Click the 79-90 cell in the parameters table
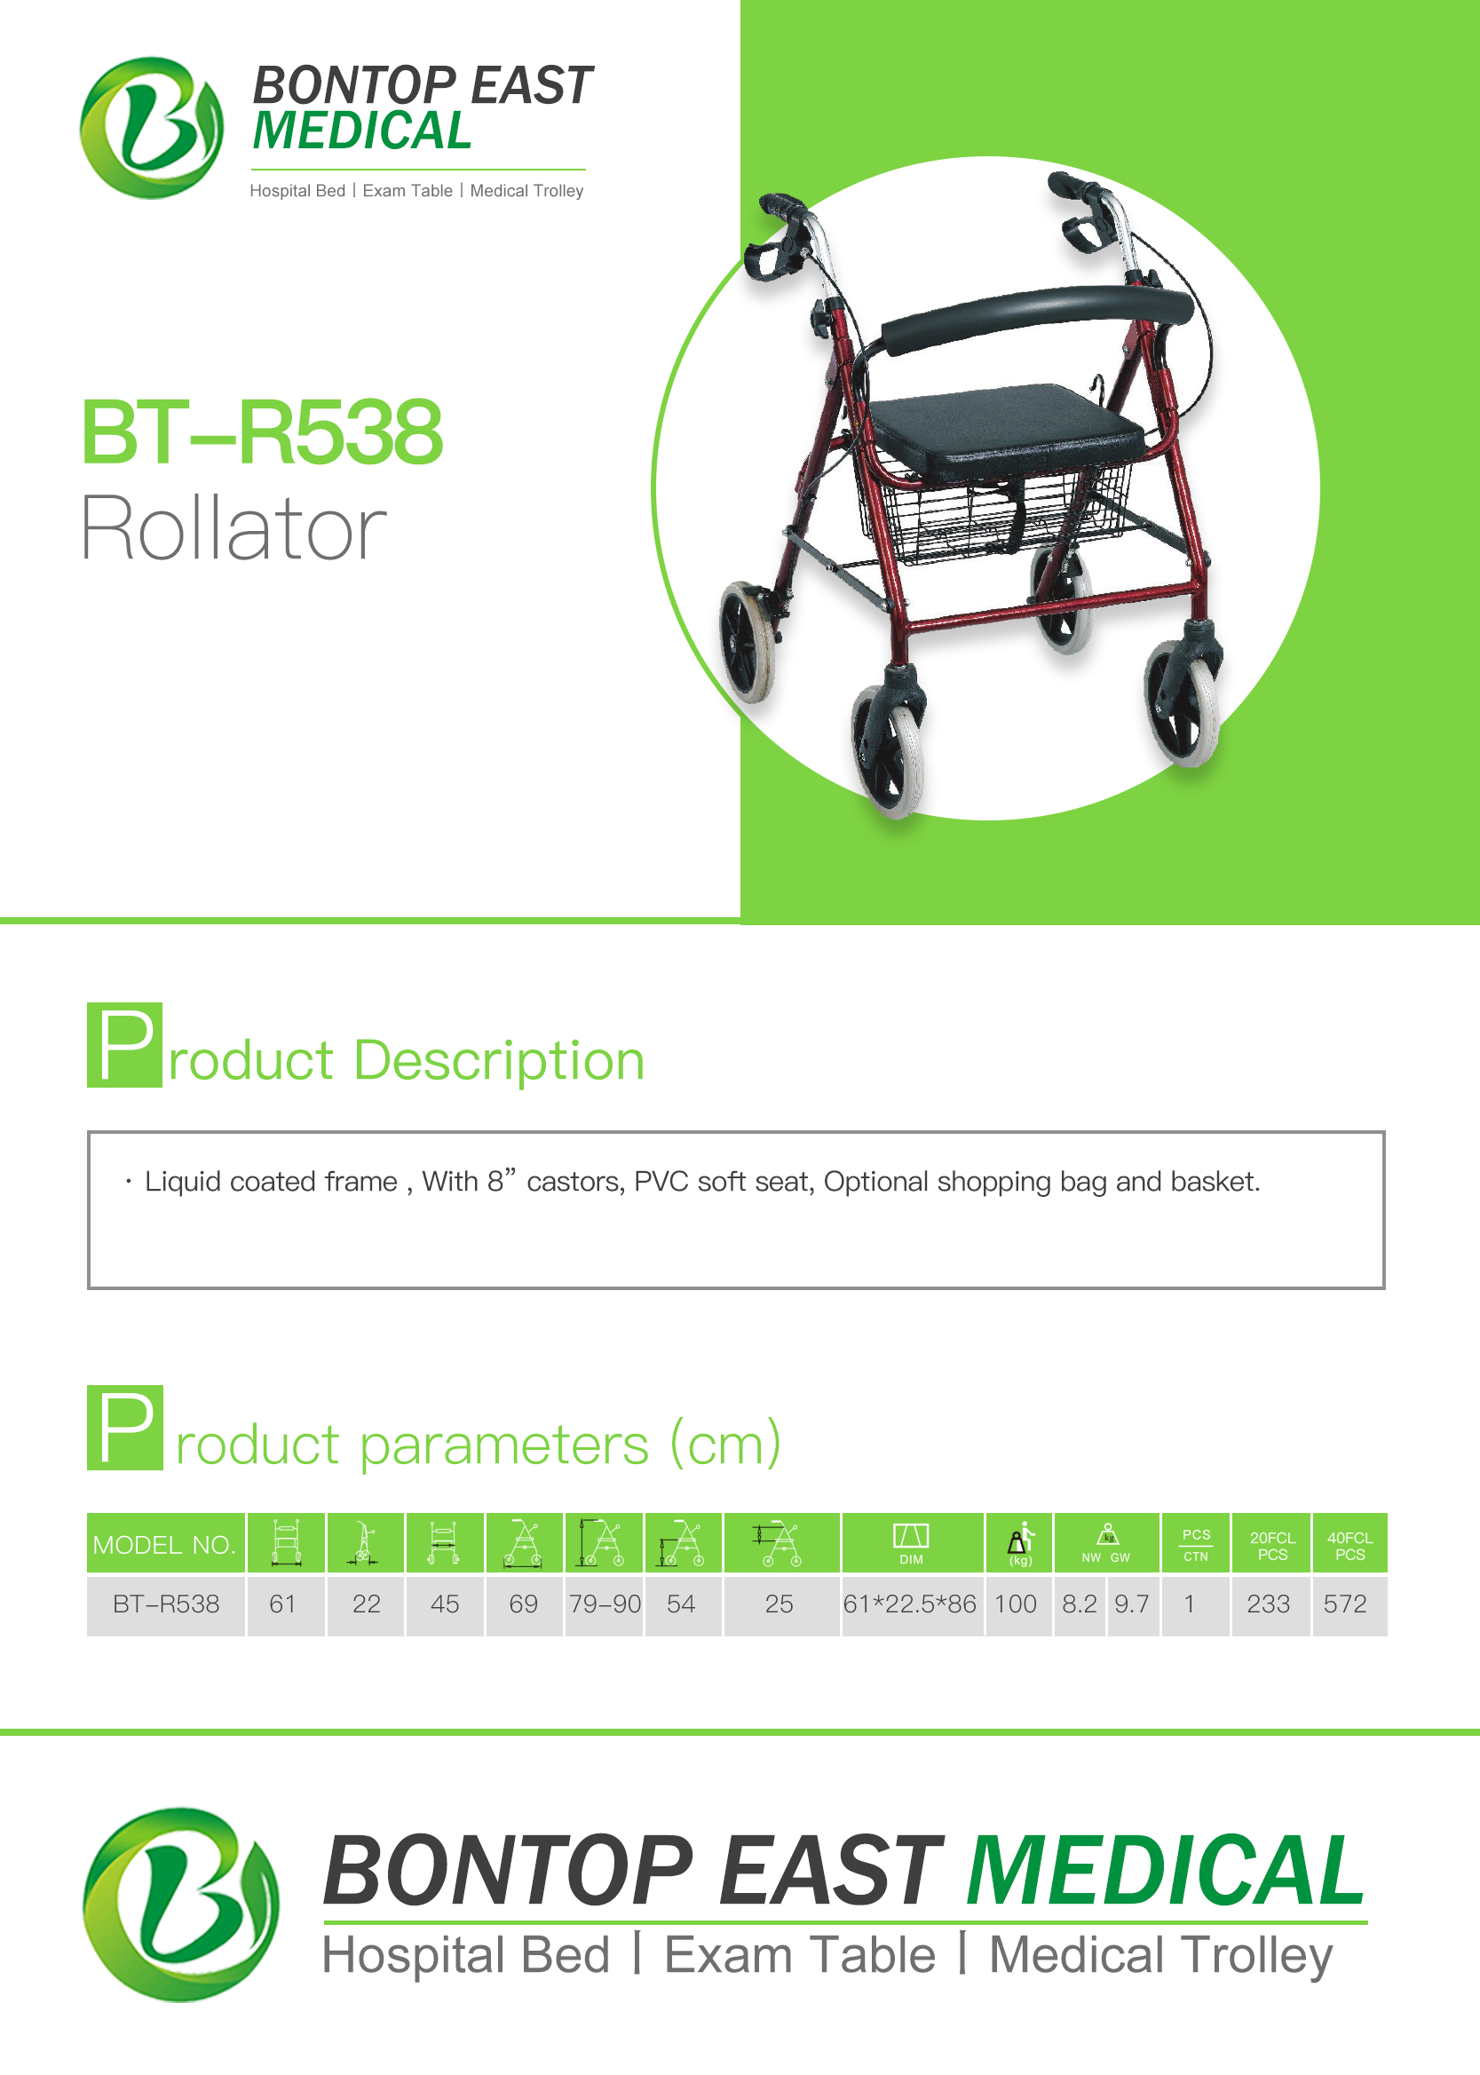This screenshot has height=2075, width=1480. point(605,1604)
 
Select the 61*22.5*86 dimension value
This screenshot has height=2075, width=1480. point(909,1604)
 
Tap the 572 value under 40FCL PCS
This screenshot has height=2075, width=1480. point(1345,1604)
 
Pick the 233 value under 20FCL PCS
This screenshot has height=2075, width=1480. point(1268,1604)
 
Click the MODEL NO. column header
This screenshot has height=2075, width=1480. point(164,1545)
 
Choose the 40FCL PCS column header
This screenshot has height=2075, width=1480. point(1349,1546)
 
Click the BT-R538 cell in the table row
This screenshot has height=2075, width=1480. point(166,1604)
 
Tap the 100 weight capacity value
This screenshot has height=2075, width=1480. point(1015,1604)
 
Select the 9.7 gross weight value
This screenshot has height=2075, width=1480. point(1131,1604)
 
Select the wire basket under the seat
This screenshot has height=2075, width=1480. point(993,511)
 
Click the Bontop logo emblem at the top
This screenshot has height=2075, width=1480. point(151,128)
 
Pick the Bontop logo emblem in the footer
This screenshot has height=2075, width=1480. point(181,1904)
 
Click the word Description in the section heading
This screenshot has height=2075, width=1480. point(498,1062)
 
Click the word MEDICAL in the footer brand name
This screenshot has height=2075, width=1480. point(1166,1871)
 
